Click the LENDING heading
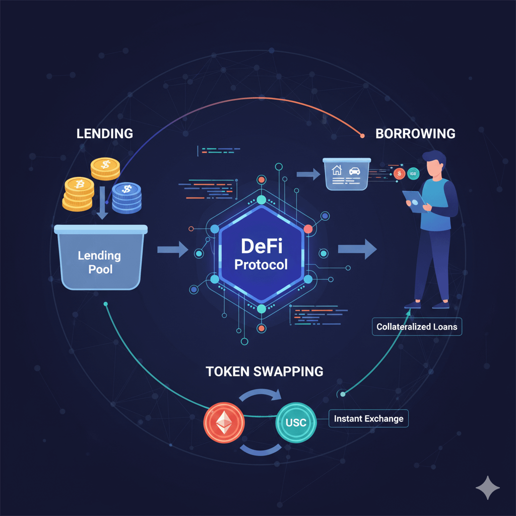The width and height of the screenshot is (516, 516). pos(104,134)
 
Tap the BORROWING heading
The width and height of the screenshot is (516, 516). pos(415,134)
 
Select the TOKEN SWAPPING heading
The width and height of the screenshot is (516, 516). pos(264,371)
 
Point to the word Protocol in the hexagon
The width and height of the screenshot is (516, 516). pos(261,264)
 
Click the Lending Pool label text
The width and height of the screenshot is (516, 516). pos(99,262)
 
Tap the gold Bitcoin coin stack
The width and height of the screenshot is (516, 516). pos(79,193)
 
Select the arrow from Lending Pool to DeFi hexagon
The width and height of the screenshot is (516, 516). pos(172,249)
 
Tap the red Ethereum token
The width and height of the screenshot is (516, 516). pos(224,422)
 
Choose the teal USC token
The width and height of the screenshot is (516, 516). pos(296,422)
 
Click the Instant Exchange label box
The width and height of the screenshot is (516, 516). pos(368,418)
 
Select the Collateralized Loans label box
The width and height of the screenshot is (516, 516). pos(417,327)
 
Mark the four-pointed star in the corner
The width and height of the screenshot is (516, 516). pos(488,487)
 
